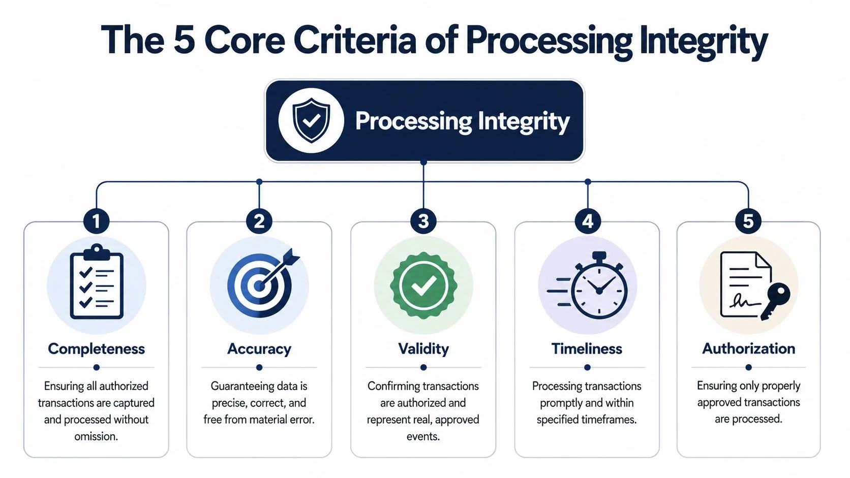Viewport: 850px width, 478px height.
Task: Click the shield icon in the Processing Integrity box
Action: coord(311,120)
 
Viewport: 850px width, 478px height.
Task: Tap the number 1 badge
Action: coord(96,221)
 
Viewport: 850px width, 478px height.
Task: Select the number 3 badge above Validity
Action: coord(423,221)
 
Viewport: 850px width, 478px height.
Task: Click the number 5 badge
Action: coord(748,221)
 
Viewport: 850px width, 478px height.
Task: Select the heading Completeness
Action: coord(96,349)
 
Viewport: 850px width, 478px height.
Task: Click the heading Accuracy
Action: coord(259,349)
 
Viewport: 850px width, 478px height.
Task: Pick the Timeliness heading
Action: coord(587,349)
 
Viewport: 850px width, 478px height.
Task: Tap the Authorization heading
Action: coord(748,348)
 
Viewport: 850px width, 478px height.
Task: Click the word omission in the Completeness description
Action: coord(96,436)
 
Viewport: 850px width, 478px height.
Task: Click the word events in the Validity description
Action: coord(422,436)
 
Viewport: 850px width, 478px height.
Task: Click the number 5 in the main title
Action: coord(185,40)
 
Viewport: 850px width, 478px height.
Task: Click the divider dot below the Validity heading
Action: coord(423,367)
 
